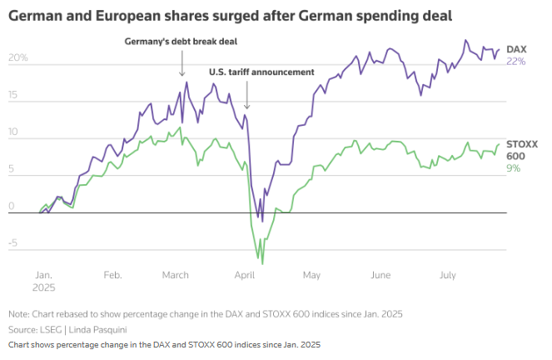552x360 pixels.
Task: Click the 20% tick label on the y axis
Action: coord(18,58)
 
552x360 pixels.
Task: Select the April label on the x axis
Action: coord(244,273)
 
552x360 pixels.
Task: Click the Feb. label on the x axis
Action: coord(113,273)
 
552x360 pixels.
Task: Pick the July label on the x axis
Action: coord(448,273)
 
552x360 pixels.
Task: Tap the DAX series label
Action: coord(515,50)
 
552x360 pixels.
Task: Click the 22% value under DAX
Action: coord(515,62)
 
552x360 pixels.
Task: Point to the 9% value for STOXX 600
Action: coord(513,168)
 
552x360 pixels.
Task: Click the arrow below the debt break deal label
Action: coord(182,65)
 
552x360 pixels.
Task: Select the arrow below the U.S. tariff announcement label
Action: coord(247,96)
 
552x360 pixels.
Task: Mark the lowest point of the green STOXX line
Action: coord(263,263)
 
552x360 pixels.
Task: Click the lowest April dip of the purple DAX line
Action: coord(261,222)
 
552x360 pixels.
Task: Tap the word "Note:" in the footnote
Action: coord(18,314)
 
